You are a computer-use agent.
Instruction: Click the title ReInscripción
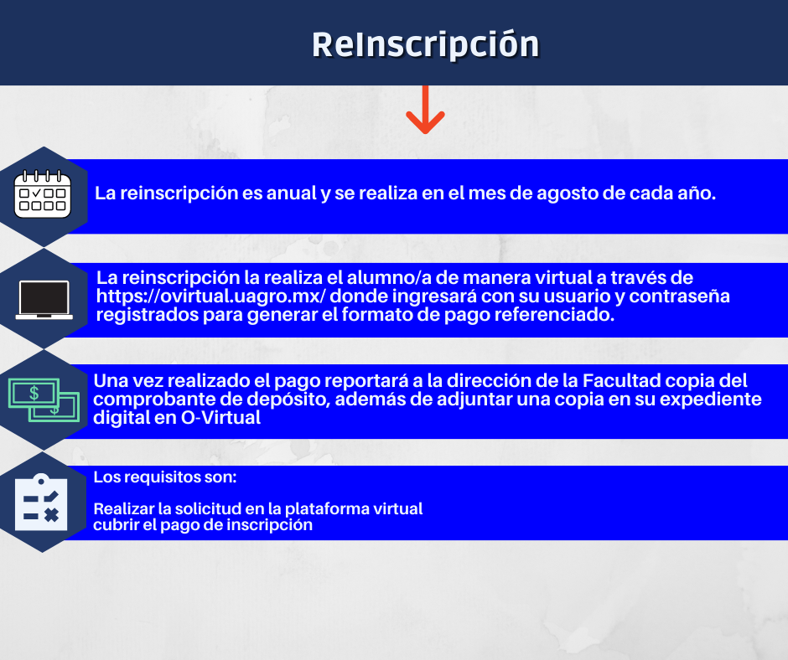coord(425,45)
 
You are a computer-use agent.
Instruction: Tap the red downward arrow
coord(425,110)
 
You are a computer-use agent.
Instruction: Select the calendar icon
coord(43,193)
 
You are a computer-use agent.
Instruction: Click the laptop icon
coord(44,300)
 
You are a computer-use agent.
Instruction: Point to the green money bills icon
coord(44,400)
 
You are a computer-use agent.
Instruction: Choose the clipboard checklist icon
coord(41,503)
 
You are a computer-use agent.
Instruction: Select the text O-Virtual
coord(220,417)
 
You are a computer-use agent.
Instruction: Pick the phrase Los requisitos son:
coord(165,477)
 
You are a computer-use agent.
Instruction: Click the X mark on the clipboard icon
coord(51,515)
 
